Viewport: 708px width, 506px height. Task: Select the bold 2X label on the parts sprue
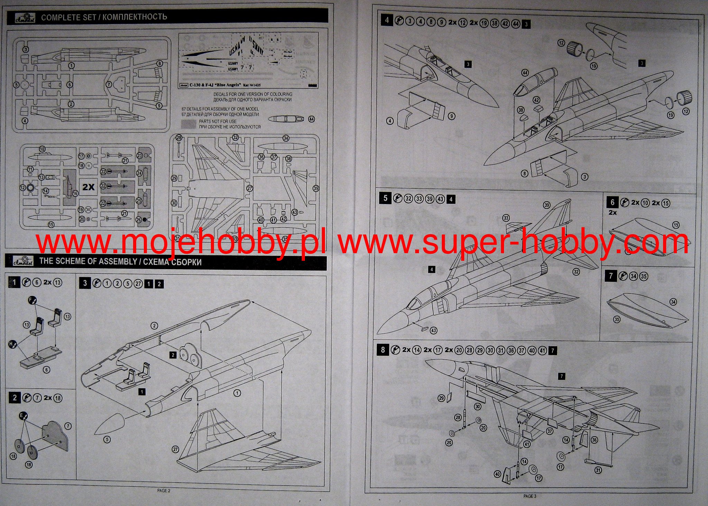88,187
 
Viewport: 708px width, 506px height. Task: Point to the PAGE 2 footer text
164,490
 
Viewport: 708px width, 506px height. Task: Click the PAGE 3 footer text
530,496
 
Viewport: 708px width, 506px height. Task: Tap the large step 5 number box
385,198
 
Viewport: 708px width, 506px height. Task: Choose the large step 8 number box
383,350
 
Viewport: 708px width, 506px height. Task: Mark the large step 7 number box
611,276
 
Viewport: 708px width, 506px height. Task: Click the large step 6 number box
612,202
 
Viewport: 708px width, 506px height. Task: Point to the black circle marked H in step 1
13,344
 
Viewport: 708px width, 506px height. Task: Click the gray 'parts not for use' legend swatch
189,124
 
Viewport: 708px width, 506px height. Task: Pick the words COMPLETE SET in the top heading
68,17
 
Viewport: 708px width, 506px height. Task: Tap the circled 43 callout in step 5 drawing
433,330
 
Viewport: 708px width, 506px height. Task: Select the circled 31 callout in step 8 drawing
598,470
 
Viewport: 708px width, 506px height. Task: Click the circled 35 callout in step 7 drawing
617,319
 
